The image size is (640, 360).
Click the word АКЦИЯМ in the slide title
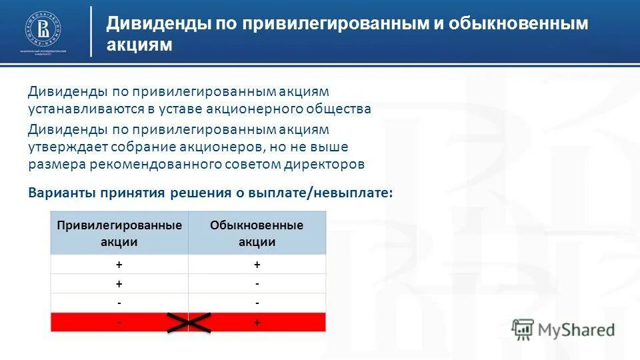[139, 45]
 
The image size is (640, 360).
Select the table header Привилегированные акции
[119, 233]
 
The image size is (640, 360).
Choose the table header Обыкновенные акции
[257, 233]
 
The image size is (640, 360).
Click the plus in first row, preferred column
[119, 265]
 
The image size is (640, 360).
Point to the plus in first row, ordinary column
[257, 265]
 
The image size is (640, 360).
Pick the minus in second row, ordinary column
[257, 283]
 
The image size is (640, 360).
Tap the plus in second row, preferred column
[119, 283]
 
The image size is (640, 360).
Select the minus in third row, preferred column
[119, 303]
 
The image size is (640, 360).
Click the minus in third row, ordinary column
[257, 303]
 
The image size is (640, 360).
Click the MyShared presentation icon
[523, 329]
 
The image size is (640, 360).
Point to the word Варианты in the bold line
[61, 193]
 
